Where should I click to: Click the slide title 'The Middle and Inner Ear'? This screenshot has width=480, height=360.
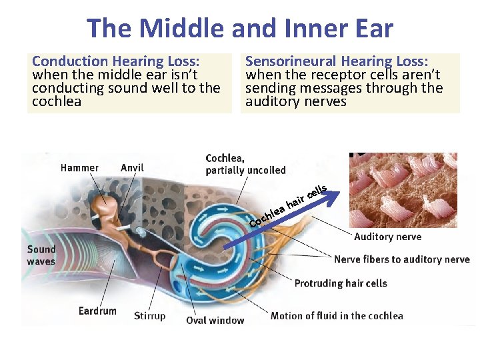click(x=240, y=29)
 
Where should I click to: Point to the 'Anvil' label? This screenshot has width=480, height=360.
click(x=132, y=167)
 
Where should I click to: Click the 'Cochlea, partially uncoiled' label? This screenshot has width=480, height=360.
click(x=245, y=164)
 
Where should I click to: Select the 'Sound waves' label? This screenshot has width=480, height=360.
click(x=41, y=255)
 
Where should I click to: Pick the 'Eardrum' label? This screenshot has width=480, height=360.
click(x=97, y=311)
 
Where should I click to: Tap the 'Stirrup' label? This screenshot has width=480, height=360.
click(x=149, y=315)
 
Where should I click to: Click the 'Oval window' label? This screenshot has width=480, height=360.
click(x=215, y=320)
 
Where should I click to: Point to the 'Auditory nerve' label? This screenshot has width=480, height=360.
click(x=387, y=237)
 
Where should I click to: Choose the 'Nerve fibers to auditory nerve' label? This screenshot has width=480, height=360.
click(x=401, y=259)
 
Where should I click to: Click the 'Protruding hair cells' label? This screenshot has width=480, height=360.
click(x=341, y=283)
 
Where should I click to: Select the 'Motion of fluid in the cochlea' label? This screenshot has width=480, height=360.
click(x=337, y=315)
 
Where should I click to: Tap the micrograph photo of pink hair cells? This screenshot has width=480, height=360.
click(x=403, y=190)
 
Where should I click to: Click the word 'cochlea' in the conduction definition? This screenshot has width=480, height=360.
click(x=57, y=101)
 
